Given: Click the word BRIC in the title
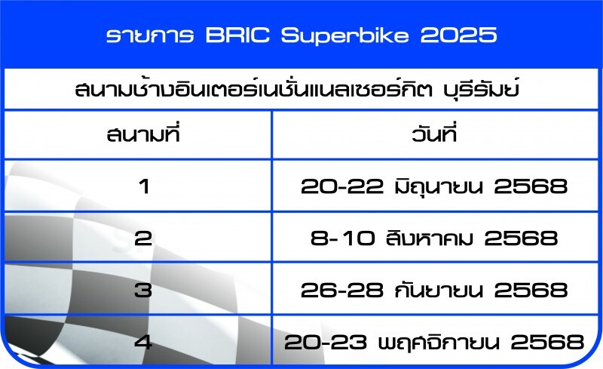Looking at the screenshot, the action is [237, 35].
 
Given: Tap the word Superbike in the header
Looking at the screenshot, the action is [344, 36].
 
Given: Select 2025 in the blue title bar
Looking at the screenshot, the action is [459, 35].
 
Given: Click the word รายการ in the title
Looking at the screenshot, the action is [150, 35].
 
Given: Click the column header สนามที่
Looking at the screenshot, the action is [143, 134].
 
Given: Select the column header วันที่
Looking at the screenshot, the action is [434, 134].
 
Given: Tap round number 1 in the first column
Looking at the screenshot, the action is [144, 186].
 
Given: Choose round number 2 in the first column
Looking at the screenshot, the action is [143, 238].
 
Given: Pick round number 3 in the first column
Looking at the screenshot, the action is [143, 290].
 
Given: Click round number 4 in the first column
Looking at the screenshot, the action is [143, 342].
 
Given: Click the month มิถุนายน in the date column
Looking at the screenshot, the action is [439, 186].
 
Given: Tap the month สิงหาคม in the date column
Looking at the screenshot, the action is [430, 238].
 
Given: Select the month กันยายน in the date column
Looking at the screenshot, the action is [439, 290].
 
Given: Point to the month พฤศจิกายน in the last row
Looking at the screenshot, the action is [439, 342].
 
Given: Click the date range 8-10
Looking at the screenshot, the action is [343, 238].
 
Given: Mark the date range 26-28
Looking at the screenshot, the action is [342, 290].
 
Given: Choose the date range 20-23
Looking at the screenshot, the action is [326, 342].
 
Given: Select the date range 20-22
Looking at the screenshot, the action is [342, 186].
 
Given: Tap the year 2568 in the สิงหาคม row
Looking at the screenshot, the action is [521, 238].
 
